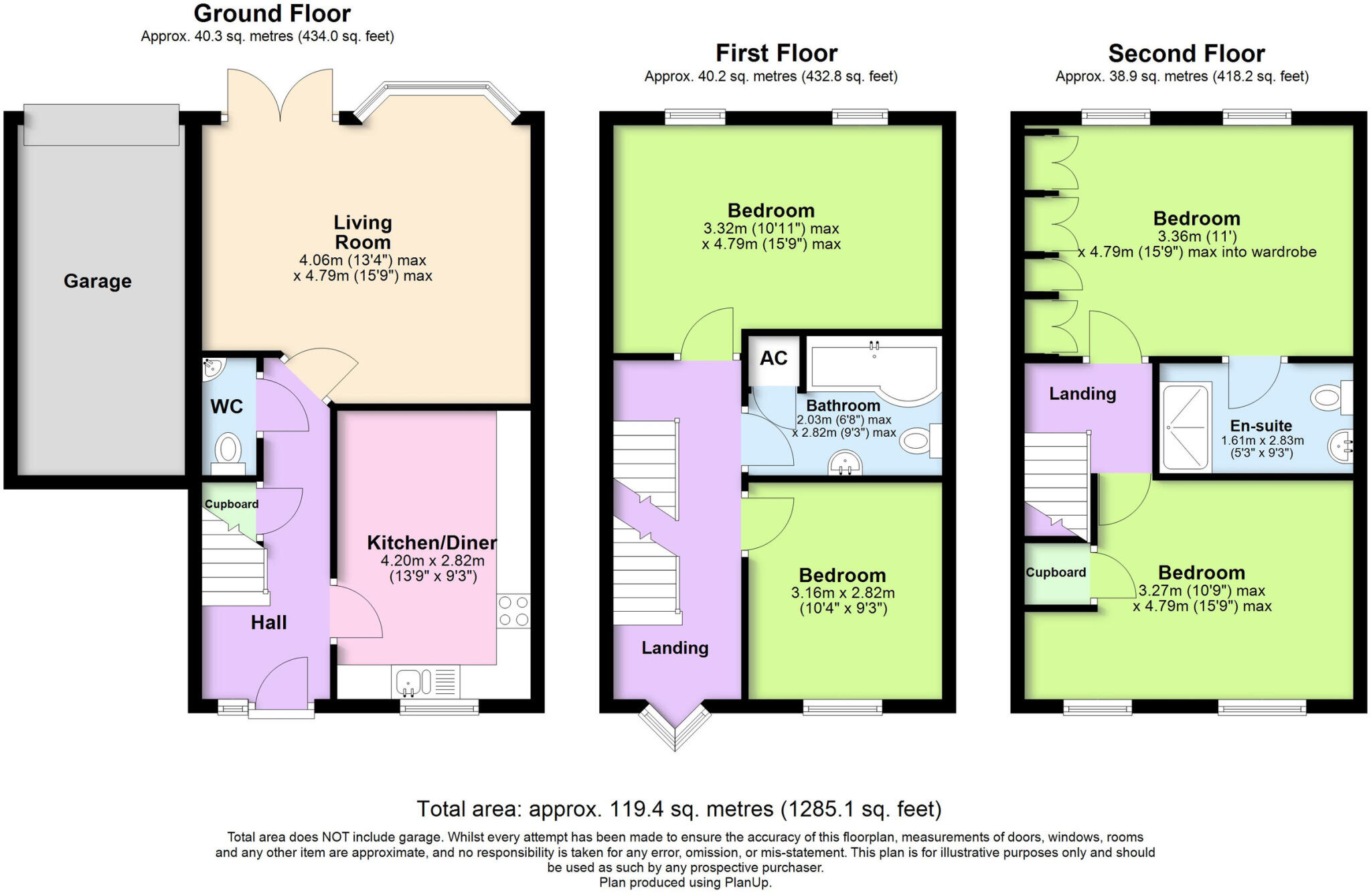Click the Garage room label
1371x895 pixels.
pyautogui.click(x=98, y=281)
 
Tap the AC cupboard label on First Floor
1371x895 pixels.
pyautogui.click(x=773, y=358)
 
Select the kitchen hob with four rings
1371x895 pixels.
pyautogui.click(x=513, y=611)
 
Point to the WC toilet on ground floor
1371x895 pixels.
pyautogui.click(x=228, y=450)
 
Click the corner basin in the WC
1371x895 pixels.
pyautogui.click(x=213, y=367)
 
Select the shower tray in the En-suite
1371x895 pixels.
pyautogui.click(x=1186, y=426)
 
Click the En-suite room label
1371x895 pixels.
pyautogui.click(x=1261, y=426)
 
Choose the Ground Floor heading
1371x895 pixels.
pyautogui.click(x=272, y=13)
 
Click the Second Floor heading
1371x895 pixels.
pyautogui.click(x=1186, y=54)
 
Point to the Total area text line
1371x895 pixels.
pyautogui.click(x=679, y=809)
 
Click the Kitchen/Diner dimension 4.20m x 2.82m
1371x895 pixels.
pyautogui.click(x=432, y=561)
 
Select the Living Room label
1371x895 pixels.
pyautogui.click(x=363, y=232)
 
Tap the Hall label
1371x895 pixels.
pyautogui.click(x=268, y=623)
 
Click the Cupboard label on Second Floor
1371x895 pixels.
pyautogui.click(x=1056, y=573)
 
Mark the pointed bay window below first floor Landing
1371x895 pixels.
pyautogui.click(x=675, y=727)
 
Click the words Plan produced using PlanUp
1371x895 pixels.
pyautogui.click(x=685, y=883)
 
